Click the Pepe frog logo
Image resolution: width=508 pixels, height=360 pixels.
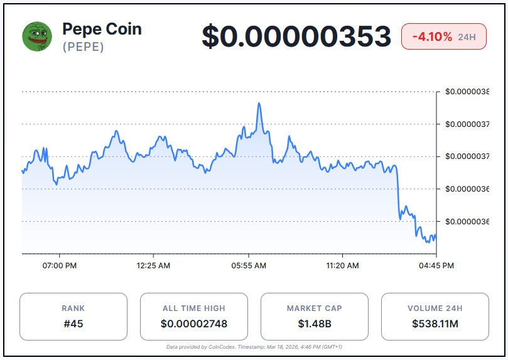pyautogui.click(x=37, y=36)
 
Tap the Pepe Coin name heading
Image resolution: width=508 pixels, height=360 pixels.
pyautogui.click(x=102, y=29)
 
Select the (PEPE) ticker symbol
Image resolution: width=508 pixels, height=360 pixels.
pyautogui.click(x=84, y=47)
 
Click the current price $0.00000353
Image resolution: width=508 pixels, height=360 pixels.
pyautogui.click(x=296, y=36)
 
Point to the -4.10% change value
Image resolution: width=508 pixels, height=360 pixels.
pyautogui.click(x=432, y=37)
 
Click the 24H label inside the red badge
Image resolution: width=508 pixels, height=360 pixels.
pyautogui.click(x=467, y=37)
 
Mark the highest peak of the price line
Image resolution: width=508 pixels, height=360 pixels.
pyautogui.click(x=259, y=104)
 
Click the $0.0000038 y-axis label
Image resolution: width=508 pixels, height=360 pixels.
pyautogui.click(x=467, y=92)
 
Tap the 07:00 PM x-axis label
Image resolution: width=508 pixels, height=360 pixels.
pyautogui.click(x=60, y=266)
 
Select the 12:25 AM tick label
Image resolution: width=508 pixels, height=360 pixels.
pyautogui.click(x=153, y=266)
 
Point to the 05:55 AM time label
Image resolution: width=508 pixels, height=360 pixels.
pyautogui.click(x=249, y=266)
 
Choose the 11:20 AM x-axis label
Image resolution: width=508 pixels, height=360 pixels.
pyautogui.click(x=343, y=266)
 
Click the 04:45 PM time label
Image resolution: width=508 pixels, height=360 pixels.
pyautogui.click(x=436, y=266)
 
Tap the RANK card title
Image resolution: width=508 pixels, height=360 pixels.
pyautogui.click(x=73, y=308)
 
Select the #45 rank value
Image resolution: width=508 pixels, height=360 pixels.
pyautogui.click(x=73, y=324)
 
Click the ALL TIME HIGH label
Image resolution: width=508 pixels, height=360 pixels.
pyautogui.click(x=194, y=308)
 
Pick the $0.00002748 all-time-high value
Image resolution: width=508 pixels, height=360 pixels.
pyautogui.click(x=194, y=324)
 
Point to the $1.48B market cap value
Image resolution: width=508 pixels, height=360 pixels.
pyautogui.click(x=314, y=324)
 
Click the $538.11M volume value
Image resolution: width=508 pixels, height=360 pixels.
pyautogui.click(x=435, y=324)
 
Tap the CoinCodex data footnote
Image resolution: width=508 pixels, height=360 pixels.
pyautogui.click(x=254, y=347)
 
